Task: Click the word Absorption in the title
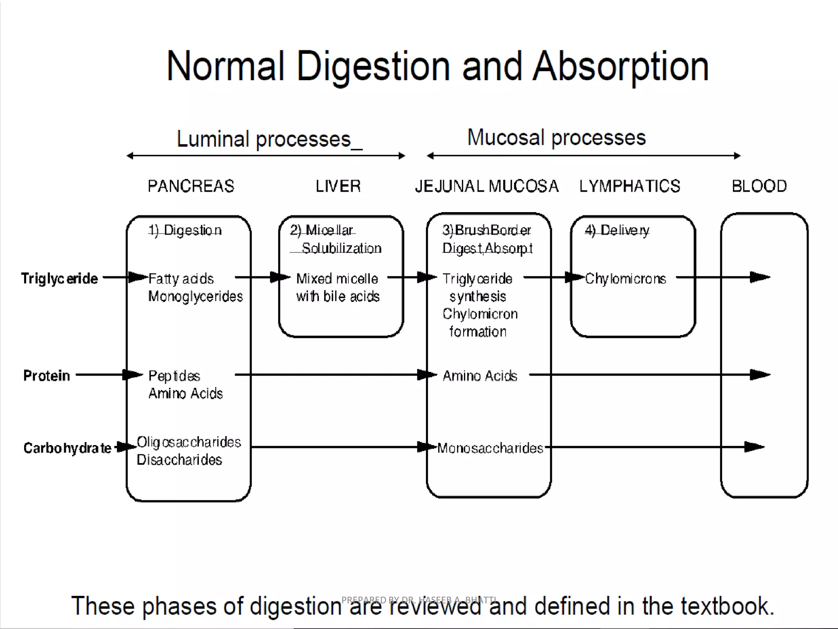click(620, 66)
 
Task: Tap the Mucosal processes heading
click(556, 138)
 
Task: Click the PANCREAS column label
click(191, 186)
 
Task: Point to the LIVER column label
click(338, 186)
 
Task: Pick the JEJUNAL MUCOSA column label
click(487, 186)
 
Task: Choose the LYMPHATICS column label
click(629, 186)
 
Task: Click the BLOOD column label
click(759, 186)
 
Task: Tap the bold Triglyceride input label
click(60, 278)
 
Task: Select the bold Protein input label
click(47, 376)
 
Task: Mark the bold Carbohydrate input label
click(67, 448)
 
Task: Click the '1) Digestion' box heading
click(185, 231)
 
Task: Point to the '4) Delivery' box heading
click(617, 231)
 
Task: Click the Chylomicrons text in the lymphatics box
click(625, 279)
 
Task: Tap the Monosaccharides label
click(490, 448)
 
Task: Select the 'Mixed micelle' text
click(337, 279)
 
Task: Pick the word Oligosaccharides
click(189, 442)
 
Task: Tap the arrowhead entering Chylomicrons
click(574, 277)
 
